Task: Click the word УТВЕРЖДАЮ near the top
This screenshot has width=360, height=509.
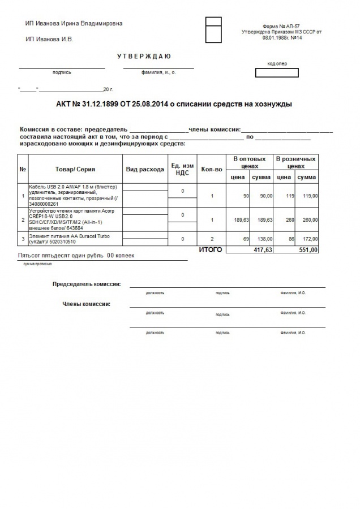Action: pyautogui.click(x=144, y=57)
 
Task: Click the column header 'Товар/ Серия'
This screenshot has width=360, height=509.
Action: pyautogui.click(x=75, y=169)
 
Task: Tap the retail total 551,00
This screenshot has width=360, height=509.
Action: pyautogui.click(x=308, y=249)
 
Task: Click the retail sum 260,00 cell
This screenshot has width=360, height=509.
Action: pyautogui.click(x=307, y=220)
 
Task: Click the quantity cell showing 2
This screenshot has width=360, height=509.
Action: pyautogui.click(x=211, y=240)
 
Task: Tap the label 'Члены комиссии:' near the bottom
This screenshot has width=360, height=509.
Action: pyautogui.click(x=86, y=304)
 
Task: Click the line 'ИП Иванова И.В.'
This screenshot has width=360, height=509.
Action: pyautogui.click(x=49, y=40)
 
